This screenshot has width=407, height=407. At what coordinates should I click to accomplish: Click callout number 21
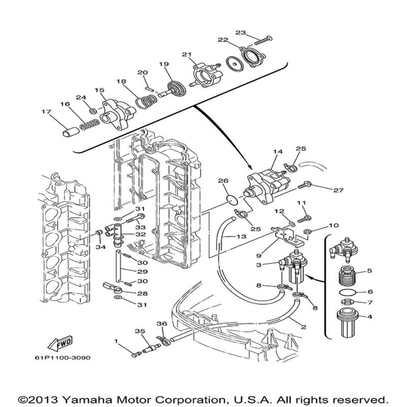(x=187, y=54)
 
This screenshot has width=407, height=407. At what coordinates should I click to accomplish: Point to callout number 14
(x=278, y=153)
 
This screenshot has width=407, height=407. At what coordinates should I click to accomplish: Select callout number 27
(x=338, y=191)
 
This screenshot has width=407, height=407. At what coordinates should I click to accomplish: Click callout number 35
(x=138, y=331)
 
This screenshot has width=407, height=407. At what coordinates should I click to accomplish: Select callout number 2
(x=303, y=327)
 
